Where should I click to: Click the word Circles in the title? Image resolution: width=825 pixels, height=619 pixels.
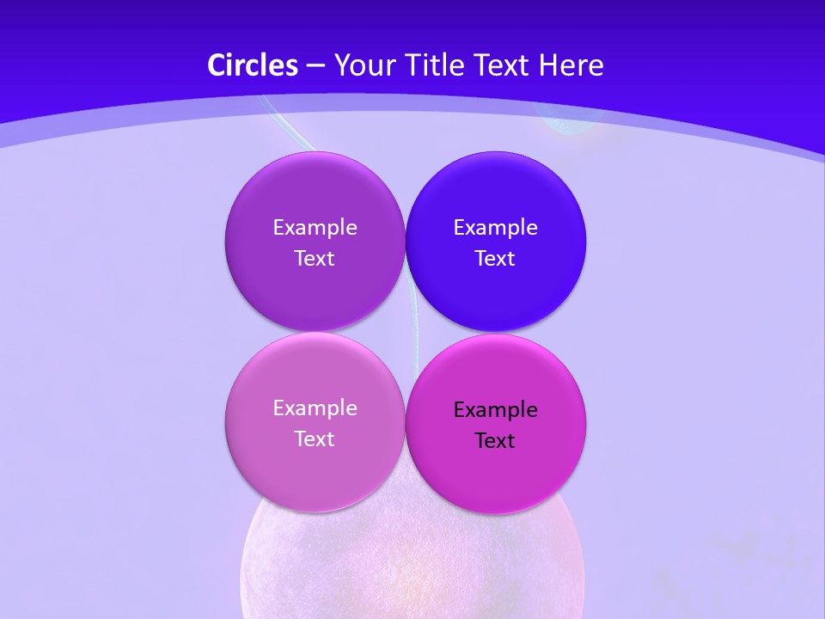[x=253, y=65]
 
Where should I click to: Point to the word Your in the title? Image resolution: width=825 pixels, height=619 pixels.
[x=361, y=65]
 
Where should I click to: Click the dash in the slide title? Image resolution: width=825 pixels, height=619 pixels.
[x=315, y=66]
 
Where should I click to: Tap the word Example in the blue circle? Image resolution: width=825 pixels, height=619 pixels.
[x=495, y=227]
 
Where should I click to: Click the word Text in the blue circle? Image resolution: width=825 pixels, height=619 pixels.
[x=495, y=259]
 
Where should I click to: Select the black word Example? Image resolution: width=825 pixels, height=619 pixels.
[x=495, y=409]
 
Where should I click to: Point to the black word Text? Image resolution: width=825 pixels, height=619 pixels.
[x=495, y=441]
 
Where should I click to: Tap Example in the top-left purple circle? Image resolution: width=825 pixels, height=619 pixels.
[x=315, y=227]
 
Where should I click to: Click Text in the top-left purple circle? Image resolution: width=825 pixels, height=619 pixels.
[x=315, y=259]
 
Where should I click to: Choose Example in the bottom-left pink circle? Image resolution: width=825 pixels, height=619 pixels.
[x=315, y=408]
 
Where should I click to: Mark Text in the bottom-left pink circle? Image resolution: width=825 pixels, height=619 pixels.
[x=315, y=439]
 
